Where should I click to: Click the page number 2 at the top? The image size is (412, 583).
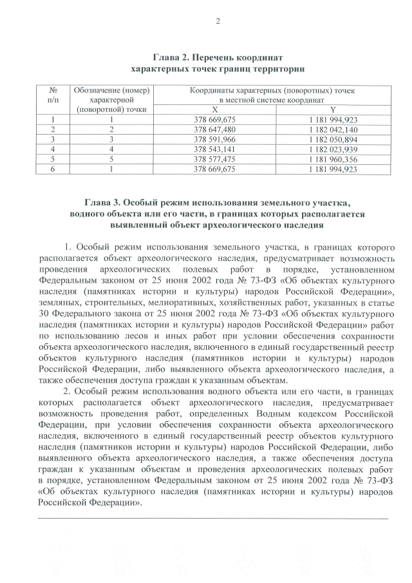(x=218, y=22)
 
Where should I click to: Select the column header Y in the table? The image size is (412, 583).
(x=333, y=110)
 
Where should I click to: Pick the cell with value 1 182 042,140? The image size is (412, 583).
(x=333, y=129)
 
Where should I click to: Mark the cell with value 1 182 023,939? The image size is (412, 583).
(x=333, y=149)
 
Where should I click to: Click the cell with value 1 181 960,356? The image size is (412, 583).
(x=333, y=159)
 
